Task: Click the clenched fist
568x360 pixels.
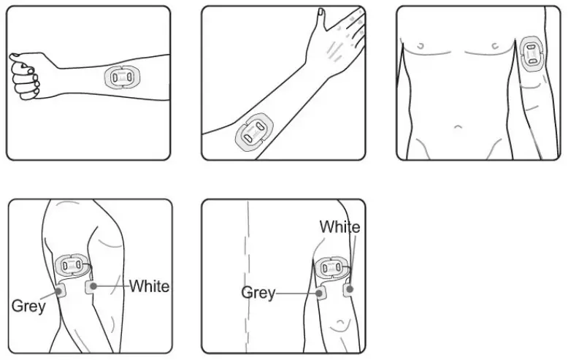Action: (x=25, y=76)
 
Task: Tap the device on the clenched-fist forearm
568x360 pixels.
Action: (x=120, y=77)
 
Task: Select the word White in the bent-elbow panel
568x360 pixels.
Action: (x=149, y=286)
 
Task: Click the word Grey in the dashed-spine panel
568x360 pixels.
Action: (x=258, y=293)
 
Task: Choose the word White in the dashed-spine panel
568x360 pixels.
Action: (x=339, y=227)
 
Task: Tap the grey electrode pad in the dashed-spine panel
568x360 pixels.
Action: (x=320, y=294)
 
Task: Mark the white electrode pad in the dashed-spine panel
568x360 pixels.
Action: (x=350, y=290)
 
